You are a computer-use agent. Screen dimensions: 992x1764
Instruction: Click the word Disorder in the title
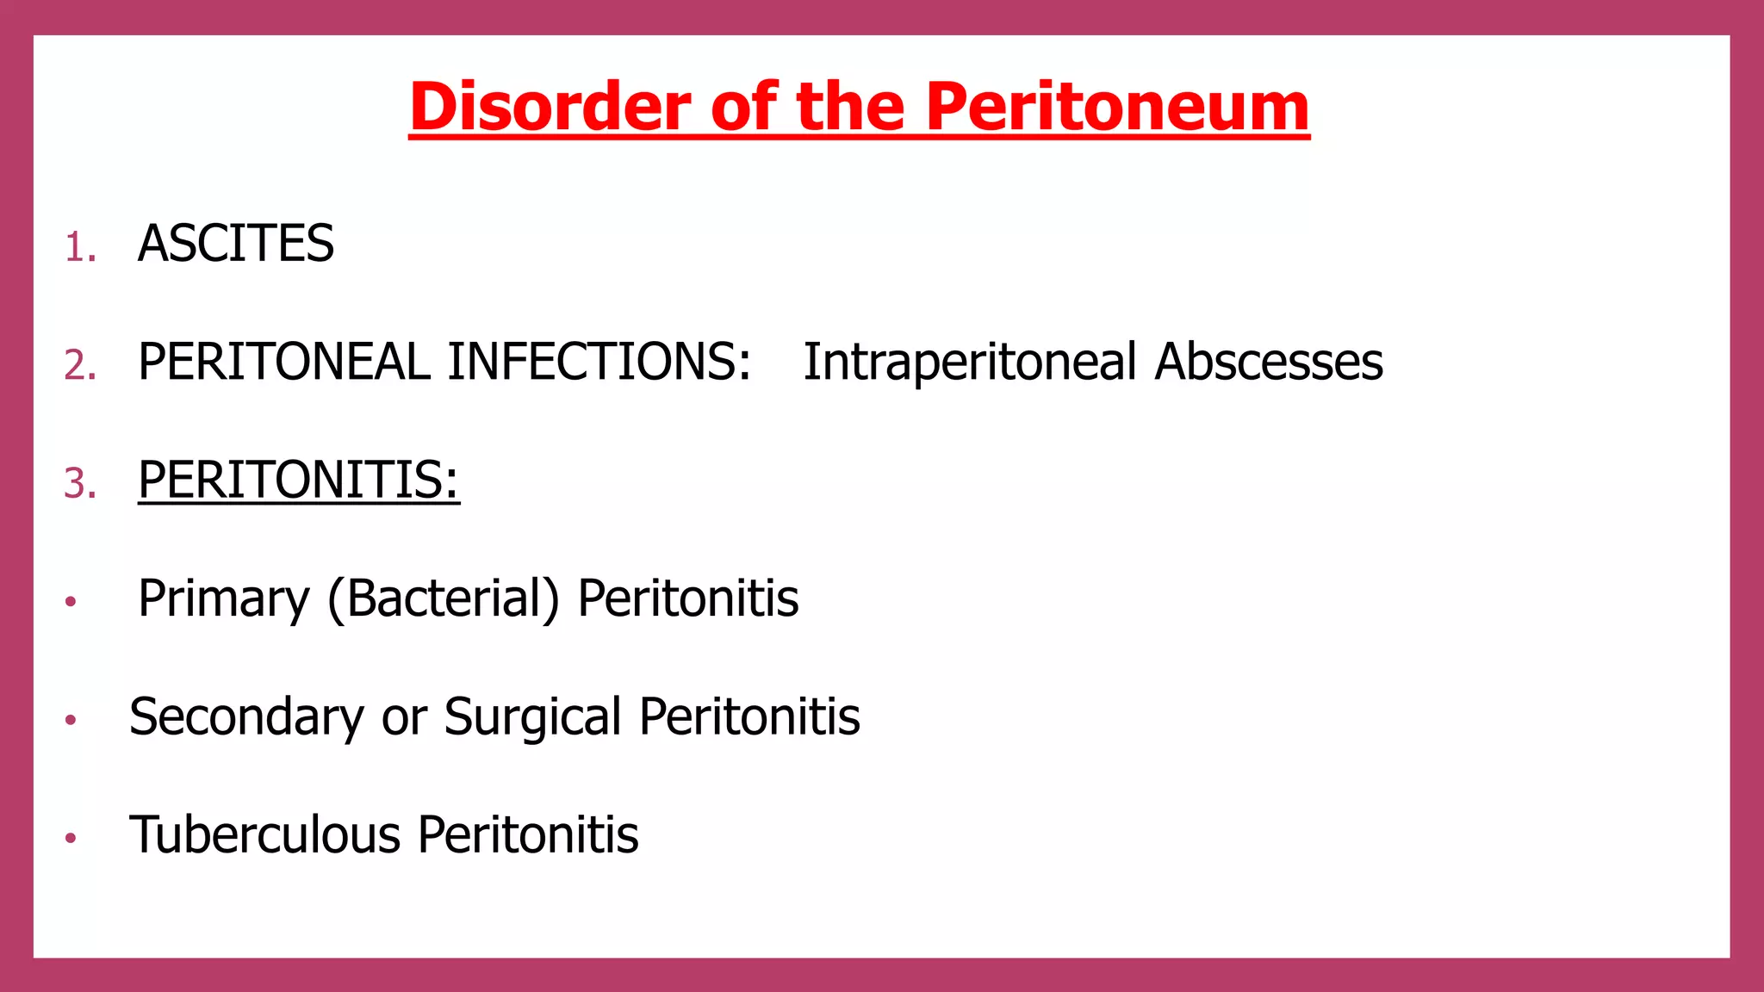click(x=550, y=107)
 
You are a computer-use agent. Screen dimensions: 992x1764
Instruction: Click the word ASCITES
click(x=235, y=244)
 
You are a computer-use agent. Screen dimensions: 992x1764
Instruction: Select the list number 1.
click(x=79, y=248)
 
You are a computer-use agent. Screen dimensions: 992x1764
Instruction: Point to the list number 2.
click(x=79, y=366)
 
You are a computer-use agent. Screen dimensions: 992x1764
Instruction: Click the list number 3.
click(x=79, y=484)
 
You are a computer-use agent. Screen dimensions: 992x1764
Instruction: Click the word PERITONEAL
click(x=283, y=362)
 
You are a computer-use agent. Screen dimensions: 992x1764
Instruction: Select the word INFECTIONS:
click(x=599, y=362)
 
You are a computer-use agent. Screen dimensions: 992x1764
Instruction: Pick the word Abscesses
click(x=1269, y=362)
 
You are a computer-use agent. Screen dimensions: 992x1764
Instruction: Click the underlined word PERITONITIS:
click(x=298, y=480)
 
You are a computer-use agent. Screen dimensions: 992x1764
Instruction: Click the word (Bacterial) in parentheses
click(x=444, y=599)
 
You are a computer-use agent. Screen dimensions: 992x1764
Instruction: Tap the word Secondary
click(x=247, y=717)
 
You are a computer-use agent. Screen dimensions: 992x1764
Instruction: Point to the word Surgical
click(x=532, y=717)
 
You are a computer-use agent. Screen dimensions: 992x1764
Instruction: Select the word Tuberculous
click(x=265, y=834)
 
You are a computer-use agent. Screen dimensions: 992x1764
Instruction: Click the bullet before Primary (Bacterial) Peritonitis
click(x=71, y=601)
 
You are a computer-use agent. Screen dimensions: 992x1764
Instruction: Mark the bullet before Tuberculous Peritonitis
click(x=71, y=837)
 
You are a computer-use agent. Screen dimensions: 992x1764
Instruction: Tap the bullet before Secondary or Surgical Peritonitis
click(x=71, y=719)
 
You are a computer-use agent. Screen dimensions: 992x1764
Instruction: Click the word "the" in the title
click(x=850, y=107)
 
